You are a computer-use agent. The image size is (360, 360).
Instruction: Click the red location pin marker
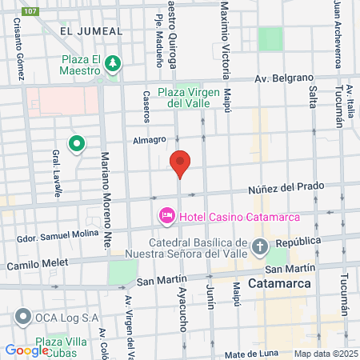181,163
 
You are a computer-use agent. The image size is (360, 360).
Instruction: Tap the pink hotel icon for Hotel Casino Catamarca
167,215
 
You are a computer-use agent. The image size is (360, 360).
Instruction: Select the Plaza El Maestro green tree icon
113,62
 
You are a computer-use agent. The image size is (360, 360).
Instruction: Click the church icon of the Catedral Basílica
261,246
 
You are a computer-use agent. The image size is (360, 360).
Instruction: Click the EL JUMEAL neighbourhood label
91,31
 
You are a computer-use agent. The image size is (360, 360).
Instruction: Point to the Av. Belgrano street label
282,78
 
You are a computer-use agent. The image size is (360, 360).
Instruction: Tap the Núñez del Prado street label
286,187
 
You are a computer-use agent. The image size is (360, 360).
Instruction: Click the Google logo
27,350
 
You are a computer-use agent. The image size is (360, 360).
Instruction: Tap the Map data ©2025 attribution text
325,354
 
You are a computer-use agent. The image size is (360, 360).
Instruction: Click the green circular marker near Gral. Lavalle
77,144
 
